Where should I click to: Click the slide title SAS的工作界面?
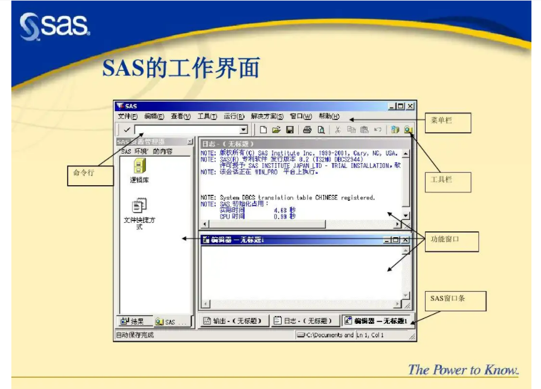pos(181,68)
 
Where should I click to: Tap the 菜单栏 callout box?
pos(448,122)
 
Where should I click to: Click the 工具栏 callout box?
pos(448,182)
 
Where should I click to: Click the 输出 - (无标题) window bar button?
pos(233,321)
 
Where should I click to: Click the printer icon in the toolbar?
pos(307,130)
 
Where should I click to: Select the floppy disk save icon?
pos(290,130)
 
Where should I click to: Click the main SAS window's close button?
pos(410,106)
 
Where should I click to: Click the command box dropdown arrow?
pos(243,130)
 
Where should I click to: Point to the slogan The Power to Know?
pos(463,370)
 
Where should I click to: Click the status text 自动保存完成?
pos(135,335)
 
